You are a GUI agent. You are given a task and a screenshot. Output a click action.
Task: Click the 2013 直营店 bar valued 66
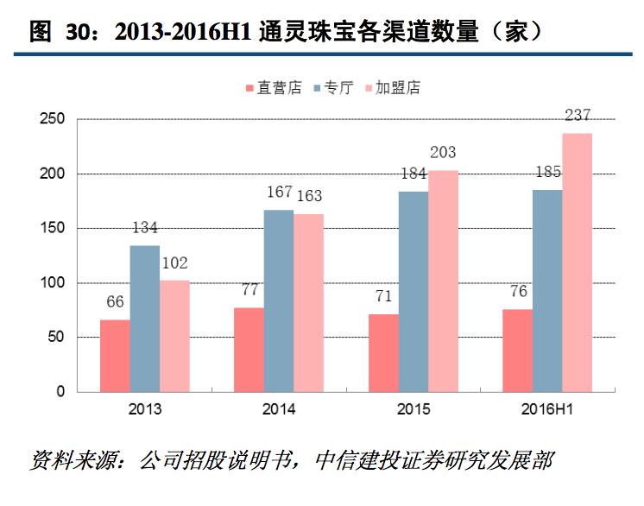tap(115, 355)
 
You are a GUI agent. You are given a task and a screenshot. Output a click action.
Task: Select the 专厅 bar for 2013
tap(145, 318)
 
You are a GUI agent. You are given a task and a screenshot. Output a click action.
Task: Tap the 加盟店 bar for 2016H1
tap(578, 262)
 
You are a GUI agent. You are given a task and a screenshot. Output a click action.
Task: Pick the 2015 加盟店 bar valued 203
tap(443, 281)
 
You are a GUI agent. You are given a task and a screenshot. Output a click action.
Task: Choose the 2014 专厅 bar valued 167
tap(279, 300)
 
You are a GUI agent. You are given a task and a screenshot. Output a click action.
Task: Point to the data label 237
tap(578, 115)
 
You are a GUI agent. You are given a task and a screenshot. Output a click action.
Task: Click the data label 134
tap(144, 228)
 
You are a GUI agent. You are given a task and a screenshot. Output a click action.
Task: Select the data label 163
tap(309, 196)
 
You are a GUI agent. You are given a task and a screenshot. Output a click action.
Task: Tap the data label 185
tap(547, 172)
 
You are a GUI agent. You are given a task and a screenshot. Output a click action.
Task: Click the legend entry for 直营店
tap(273, 88)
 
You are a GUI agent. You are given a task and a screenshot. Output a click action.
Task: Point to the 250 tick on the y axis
tap(54, 119)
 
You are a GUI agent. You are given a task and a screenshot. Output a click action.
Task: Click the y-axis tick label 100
tap(54, 282)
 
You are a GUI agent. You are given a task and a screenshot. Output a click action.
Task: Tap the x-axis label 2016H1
tap(547, 409)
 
